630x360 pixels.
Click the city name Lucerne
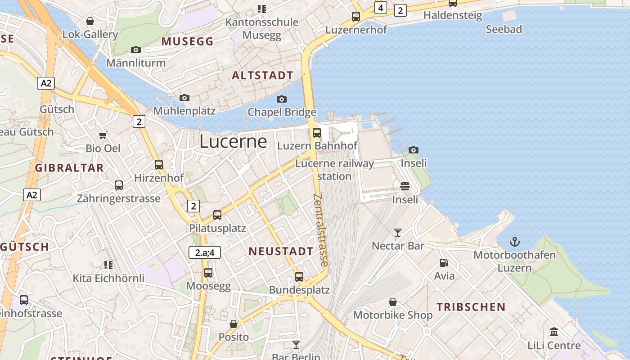[x=233, y=141]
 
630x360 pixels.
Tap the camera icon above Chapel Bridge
[x=282, y=99]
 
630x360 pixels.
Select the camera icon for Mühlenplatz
[x=184, y=98]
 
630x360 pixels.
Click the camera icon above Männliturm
[x=136, y=49]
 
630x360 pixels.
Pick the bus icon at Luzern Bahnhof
[x=317, y=132]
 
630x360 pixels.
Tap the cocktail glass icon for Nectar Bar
[x=398, y=232]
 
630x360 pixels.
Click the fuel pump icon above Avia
[x=444, y=263]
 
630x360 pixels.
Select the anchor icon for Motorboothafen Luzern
[x=514, y=242]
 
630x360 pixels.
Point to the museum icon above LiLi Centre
[x=554, y=332]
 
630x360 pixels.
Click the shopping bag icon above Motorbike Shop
[x=393, y=301]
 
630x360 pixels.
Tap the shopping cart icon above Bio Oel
[x=103, y=135]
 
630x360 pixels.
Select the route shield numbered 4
[x=381, y=8]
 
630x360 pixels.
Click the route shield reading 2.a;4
[x=205, y=252]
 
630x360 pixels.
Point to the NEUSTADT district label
[x=281, y=252]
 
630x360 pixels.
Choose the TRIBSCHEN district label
[x=471, y=307]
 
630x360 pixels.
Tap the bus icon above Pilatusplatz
[x=217, y=215]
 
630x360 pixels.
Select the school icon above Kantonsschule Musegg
[x=261, y=9]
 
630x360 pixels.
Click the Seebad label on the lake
[x=504, y=29]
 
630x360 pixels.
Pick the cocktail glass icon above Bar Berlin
[x=296, y=345]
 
